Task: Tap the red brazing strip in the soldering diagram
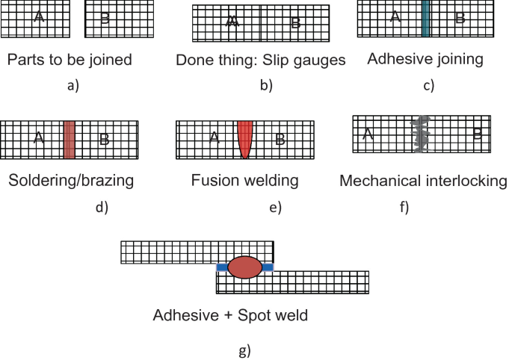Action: point(70,138)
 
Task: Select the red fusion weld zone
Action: point(245,138)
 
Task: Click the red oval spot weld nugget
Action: point(244,267)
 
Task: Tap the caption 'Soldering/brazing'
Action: point(72,180)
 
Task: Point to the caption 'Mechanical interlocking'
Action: point(423,180)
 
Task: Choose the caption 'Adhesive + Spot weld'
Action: point(230,315)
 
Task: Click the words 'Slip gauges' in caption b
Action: point(306,60)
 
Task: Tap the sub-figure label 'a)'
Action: point(72,85)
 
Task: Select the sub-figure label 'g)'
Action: point(244,349)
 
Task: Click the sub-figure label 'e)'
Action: point(274,207)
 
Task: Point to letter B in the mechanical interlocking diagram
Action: point(477,134)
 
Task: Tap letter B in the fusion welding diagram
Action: point(280,138)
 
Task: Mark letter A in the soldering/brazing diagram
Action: point(37,137)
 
